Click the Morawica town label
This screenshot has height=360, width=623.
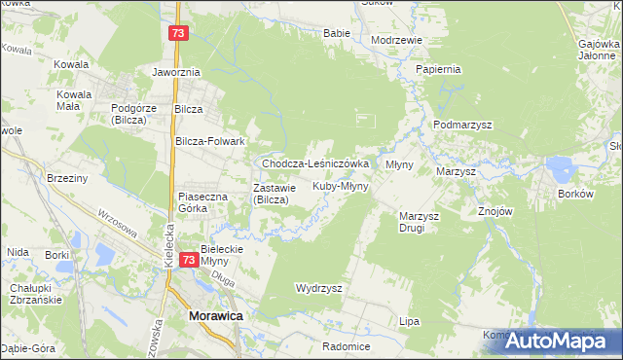pos(215,317)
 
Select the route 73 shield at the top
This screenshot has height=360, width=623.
pos(177,33)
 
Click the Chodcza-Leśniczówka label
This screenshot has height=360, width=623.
pos(314,164)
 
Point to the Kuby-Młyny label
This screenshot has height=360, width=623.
pos(340,185)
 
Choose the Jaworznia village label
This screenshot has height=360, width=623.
pos(176,72)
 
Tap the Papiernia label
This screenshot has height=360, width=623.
pos(437,70)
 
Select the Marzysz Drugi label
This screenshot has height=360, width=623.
pos(421,222)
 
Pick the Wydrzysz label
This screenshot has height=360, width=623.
pos(318,289)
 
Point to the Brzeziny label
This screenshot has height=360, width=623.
pos(68,178)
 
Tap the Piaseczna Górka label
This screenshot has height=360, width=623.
pos(202,202)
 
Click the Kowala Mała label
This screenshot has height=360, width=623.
pos(74,100)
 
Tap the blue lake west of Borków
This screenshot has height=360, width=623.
pos(563,171)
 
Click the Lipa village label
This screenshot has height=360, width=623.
pos(410,321)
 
